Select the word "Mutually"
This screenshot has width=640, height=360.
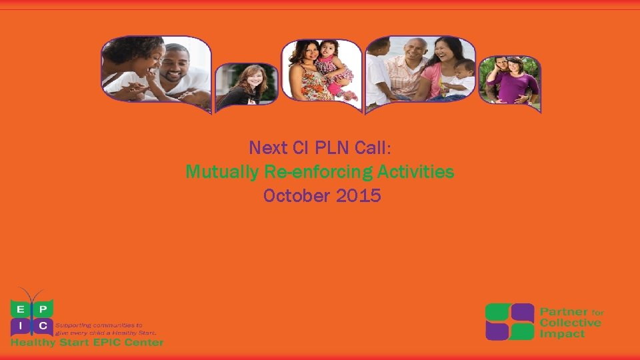click(x=222, y=172)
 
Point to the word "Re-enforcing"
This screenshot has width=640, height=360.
click(x=319, y=172)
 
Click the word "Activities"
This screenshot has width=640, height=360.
click(x=416, y=172)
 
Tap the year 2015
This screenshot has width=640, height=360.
click(x=360, y=196)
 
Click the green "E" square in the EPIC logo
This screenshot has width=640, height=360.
click(x=20, y=308)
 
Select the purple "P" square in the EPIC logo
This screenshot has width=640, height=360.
click(x=43, y=308)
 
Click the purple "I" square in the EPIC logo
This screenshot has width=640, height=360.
click(x=20, y=326)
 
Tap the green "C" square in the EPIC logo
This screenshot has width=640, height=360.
click(x=43, y=326)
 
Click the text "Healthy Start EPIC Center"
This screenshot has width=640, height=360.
click(x=87, y=343)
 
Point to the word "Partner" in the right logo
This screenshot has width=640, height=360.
click(x=564, y=312)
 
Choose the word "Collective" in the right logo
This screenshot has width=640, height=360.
click(x=571, y=323)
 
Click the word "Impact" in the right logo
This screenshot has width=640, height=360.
click(x=561, y=333)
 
